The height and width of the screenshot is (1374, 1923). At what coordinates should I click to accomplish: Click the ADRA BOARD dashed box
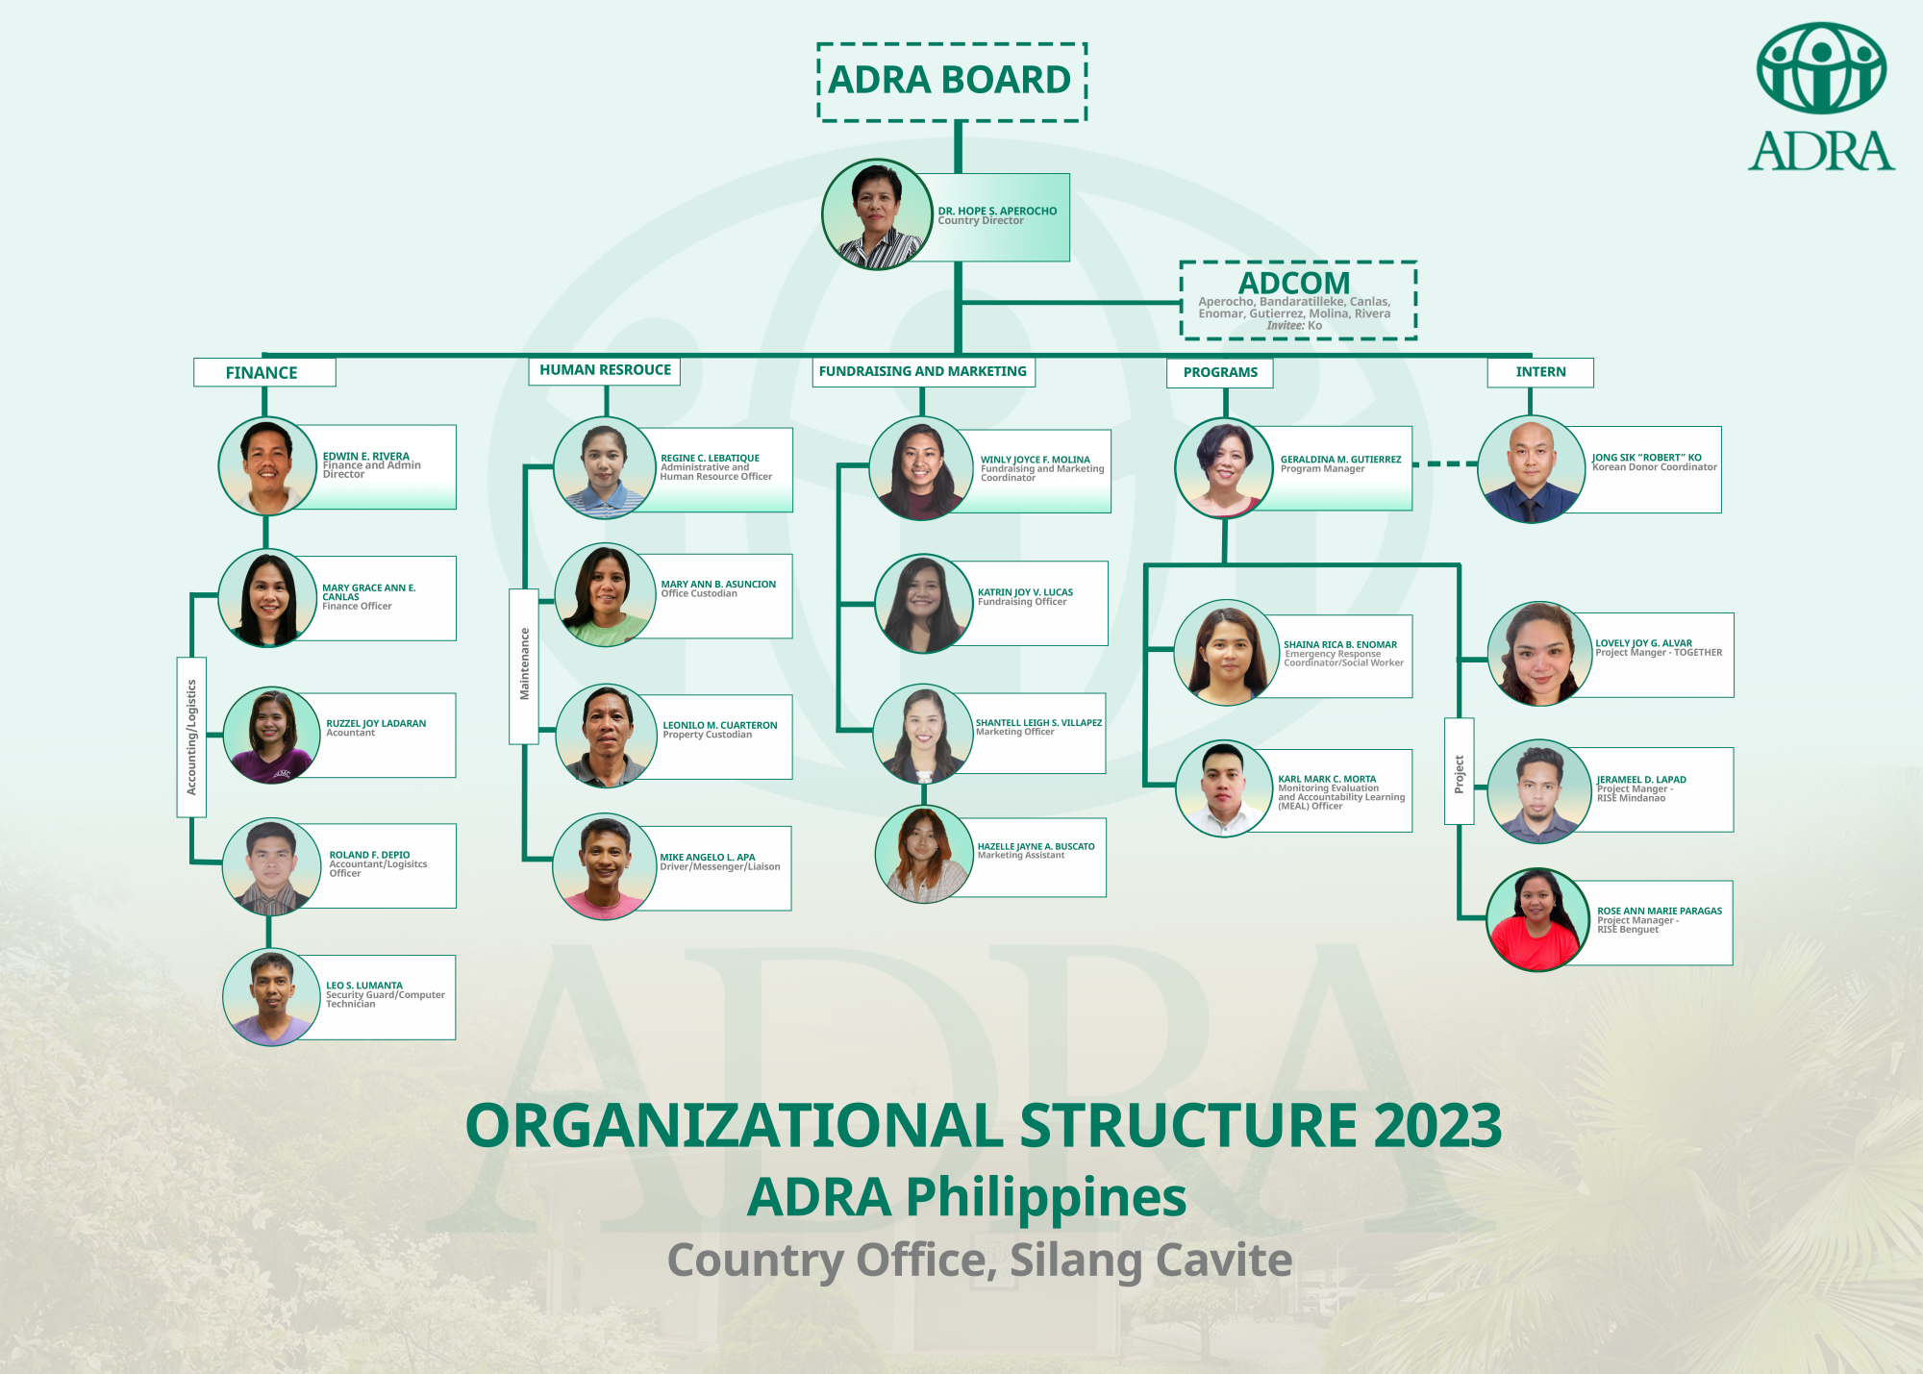[x=951, y=82]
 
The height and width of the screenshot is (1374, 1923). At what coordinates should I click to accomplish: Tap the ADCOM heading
[x=1293, y=283]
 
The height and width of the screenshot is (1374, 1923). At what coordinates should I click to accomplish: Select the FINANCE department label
[x=263, y=372]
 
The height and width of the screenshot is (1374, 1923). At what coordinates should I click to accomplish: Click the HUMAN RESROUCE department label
[x=605, y=370]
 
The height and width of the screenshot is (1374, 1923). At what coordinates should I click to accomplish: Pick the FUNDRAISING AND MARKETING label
[x=923, y=371]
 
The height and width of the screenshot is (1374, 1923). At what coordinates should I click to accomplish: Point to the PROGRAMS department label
[x=1219, y=372]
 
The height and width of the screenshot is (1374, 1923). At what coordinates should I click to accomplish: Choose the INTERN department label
[x=1539, y=372]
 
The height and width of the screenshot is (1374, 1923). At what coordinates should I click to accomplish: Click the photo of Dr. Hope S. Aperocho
[x=877, y=214]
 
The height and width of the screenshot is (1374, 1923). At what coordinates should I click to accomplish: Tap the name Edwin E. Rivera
[x=365, y=456]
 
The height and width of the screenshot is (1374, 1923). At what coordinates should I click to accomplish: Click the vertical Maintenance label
[x=524, y=664]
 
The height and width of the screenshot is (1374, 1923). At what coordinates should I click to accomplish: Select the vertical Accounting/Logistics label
[x=191, y=737]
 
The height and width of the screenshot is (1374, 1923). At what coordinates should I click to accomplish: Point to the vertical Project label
[x=1459, y=772]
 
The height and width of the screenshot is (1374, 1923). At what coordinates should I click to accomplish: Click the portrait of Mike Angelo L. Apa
[x=604, y=865]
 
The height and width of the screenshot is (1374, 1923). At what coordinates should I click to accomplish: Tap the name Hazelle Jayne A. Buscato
[x=1036, y=846]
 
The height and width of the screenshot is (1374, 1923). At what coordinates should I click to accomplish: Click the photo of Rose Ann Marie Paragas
[x=1536, y=919]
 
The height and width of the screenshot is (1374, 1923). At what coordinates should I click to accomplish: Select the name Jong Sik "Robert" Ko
[x=1646, y=458]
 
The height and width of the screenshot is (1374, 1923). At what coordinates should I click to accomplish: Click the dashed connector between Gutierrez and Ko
[x=1445, y=463]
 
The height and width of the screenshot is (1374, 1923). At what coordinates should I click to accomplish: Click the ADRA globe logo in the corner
[x=1820, y=69]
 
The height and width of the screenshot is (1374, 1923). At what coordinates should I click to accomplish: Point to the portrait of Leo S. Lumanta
[x=272, y=997]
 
